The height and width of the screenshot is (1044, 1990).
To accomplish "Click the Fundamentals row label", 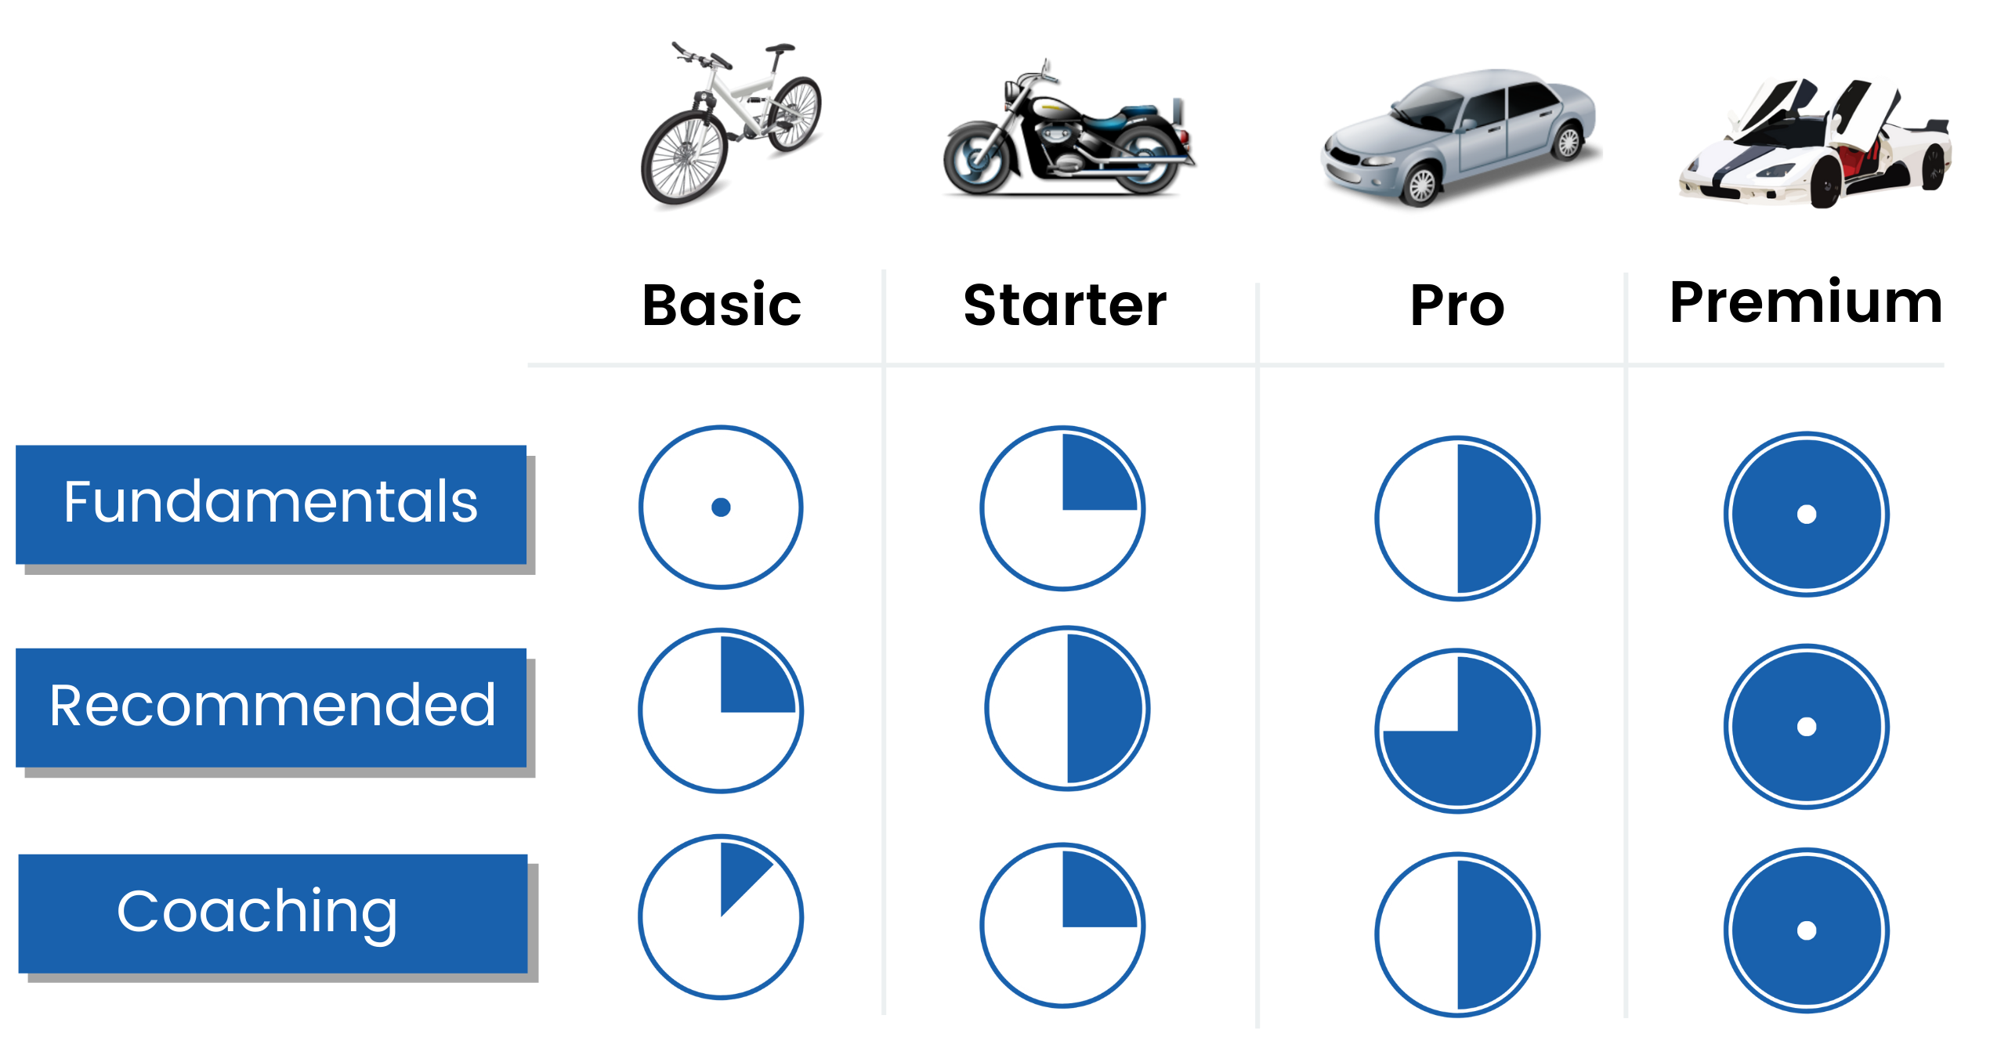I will (271, 504).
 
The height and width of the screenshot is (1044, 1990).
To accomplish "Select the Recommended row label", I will (271, 706).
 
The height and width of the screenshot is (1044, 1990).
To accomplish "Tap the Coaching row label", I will (273, 912).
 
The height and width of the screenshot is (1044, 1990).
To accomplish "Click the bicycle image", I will (731, 125).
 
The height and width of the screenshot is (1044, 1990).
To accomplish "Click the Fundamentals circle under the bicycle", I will (721, 508).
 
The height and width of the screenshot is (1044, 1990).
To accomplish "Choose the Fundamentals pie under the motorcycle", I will (1062, 508).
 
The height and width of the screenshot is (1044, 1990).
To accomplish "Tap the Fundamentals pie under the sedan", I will (1457, 518).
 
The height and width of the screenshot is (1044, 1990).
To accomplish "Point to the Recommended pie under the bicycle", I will (721, 711).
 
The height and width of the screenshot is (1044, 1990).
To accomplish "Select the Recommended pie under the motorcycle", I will (1067, 708).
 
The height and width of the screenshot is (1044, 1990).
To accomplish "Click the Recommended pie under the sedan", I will (1457, 731).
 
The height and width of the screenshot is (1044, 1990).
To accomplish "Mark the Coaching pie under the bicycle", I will (721, 916).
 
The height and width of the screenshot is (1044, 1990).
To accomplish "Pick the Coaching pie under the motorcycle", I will (1062, 926).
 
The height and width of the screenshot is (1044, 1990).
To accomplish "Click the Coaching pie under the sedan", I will (1457, 935).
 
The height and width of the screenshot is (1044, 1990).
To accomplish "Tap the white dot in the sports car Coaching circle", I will (1807, 930).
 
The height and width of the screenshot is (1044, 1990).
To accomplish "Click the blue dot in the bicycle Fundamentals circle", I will (721, 508).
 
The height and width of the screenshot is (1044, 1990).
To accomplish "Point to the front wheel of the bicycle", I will (685, 157).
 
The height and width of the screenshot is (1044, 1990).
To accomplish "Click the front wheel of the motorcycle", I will (976, 159).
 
